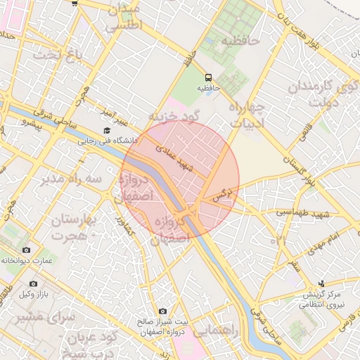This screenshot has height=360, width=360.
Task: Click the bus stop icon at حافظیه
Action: tap(208, 77)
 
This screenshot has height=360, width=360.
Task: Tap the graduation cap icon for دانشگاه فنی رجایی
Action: tap(107, 130)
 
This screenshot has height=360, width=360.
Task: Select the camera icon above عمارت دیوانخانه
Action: tap(27, 250)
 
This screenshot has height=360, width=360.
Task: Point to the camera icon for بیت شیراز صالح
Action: tap(162, 311)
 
